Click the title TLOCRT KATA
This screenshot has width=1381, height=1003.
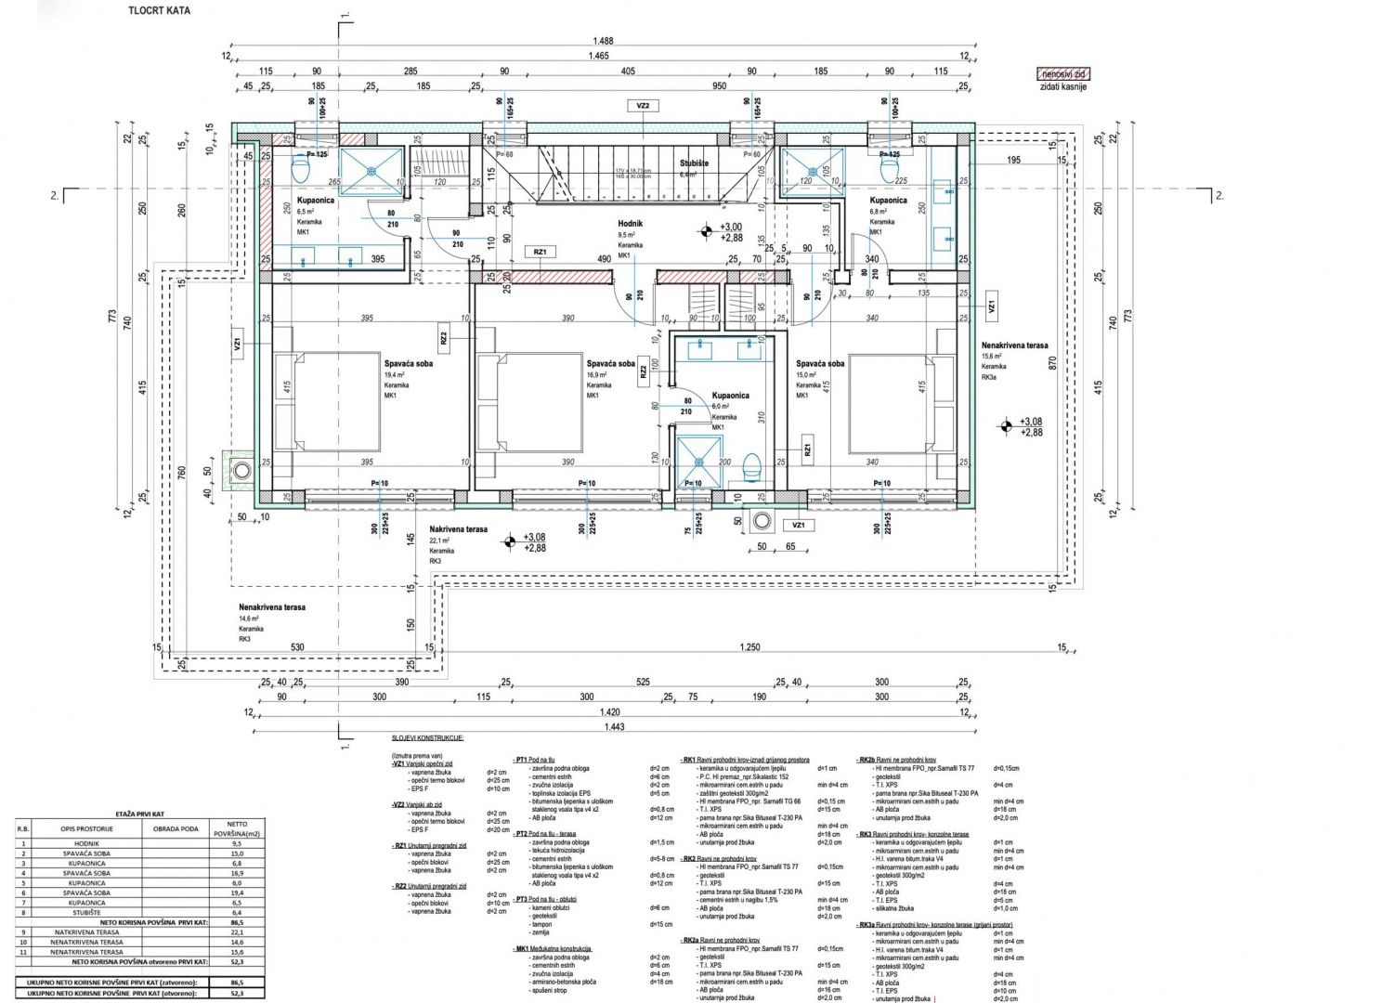(x=160, y=11)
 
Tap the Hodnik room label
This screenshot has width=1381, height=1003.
(x=631, y=224)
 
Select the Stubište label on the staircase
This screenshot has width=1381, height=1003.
(x=694, y=163)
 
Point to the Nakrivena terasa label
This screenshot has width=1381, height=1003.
(x=458, y=528)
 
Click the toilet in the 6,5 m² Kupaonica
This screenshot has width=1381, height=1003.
(x=300, y=169)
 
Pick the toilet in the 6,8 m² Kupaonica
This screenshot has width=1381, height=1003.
(x=889, y=169)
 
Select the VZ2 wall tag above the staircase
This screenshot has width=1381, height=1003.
(x=643, y=107)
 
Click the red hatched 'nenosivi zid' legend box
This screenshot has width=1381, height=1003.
(x=1063, y=74)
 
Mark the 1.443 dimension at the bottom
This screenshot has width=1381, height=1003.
(x=614, y=727)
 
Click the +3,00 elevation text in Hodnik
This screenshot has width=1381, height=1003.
(x=731, y=227)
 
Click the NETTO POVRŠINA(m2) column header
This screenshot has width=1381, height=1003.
(x=238, y=827)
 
